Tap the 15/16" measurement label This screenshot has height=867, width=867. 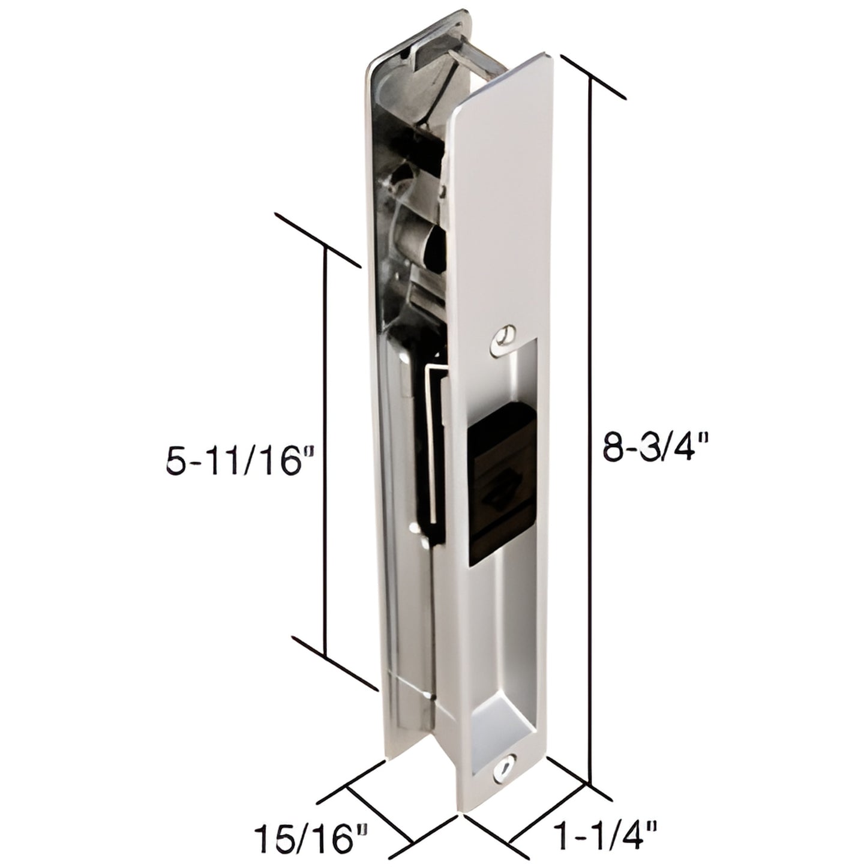(311, 839)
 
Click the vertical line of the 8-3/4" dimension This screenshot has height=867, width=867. (592, 420)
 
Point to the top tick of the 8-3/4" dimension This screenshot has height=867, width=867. (592, 78)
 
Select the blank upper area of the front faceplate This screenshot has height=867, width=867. (501, 198)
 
